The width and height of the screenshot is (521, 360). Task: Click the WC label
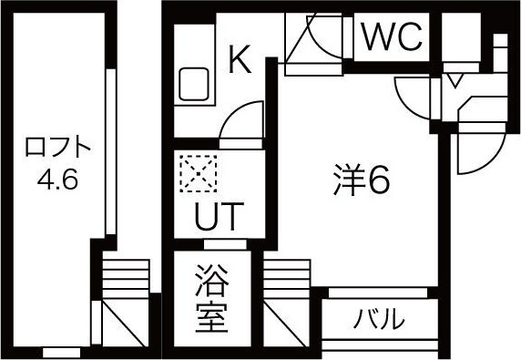pyautogui.click(x=392, y=36)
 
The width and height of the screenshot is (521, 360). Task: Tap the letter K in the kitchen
pyautogui.click(x=240, y=59)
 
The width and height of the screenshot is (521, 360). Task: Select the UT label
pyautogui.click(x=220, y=216)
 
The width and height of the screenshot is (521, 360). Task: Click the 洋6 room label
pyautogui.click(x=362, y=180)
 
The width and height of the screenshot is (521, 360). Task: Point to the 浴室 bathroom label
pyautogui.click(x=211, y=299)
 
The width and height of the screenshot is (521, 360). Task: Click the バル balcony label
pyautogui.click(x=379, y=318)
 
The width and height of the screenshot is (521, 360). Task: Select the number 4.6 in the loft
pyautogui.click(x=57, y=180)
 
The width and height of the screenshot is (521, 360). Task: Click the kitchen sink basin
pyautogui.click(x=194, y=84)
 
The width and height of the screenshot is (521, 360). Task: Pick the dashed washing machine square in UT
pyautogui.click(x=199, y=173)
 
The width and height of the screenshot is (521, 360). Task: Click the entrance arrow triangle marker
pyautogui.click(x=455, y=81)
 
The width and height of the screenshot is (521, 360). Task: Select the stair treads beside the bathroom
pyautogui.click(x=287, y=279)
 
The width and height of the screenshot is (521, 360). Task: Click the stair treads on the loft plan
pyautogui.click(x=126, y=279)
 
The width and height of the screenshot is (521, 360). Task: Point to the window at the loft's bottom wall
pyautogui.click(x=62, y=353)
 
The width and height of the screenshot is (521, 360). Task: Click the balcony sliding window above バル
pyautogui.click(x=378, y=293)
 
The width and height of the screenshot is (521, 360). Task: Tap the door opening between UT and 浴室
pyautogui.click(x=225, y=244)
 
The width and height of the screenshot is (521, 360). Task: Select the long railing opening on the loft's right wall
pyautogui.click(x=110, y=151)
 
